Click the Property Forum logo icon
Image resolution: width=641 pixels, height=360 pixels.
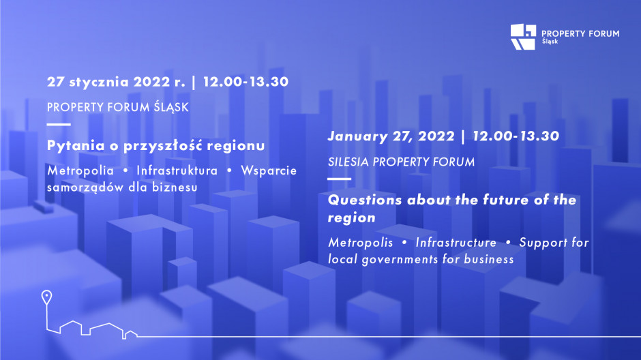(523, 37)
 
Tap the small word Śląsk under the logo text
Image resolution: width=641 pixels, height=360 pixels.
(550, 42)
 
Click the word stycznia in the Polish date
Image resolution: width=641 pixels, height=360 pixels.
(100, 82)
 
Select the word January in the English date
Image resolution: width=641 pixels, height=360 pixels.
(357, 136)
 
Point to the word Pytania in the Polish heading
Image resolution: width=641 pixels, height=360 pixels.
(76, 146)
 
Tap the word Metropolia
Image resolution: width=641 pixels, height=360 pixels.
(80, 171)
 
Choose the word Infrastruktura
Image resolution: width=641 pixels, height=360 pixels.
(177, 170)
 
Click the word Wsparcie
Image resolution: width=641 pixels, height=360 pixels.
(269, 171)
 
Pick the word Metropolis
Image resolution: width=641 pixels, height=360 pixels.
(360, 243)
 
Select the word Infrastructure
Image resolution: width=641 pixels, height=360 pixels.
(456, 242)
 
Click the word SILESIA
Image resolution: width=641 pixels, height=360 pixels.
(348, 162)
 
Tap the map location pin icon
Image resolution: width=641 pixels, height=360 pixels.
(46, 297)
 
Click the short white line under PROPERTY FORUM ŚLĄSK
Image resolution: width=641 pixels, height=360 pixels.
(59, 124)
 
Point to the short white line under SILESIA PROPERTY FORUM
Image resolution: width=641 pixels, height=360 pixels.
(340, 179)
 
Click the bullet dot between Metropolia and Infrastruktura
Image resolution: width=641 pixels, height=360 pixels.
(125, 170)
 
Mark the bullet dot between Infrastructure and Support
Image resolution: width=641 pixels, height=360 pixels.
(508, 242)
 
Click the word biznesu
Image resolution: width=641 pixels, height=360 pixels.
(175, 187)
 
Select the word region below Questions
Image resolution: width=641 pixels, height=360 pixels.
(352, 218)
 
